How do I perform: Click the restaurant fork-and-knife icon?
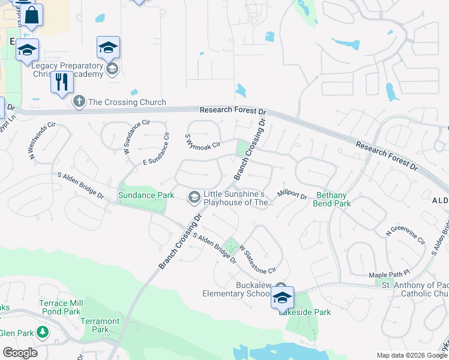pyautogui.click(x=62, y=82)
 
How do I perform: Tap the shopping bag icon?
pyautogui.click(x=32, y=15)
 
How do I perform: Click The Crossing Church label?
pyautogui.click(x=127, y=102)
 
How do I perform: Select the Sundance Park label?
pyautogui.click(x=146, y=195)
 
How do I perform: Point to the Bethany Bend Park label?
pyautogui.click(x=333, y=199)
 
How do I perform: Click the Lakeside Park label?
pyautogui.click(x=304, y=312)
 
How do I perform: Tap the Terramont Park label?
pyautogui.click(x=100, y=325)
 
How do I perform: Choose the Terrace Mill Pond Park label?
pyautogui.click(x=59, y=307)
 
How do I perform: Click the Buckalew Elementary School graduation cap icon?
pyautogui.click(x=282, y=298)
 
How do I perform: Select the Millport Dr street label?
pyautogui.click(x=292, y=194)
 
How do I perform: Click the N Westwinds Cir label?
pyautogui.click(x=43, y=142)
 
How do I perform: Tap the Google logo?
pyautogui.click(x=20, y=352)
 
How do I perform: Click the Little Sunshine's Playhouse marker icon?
pyautogui.click(x=194, y=196)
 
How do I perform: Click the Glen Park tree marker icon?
pyautogui.click(x=42, y=332)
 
